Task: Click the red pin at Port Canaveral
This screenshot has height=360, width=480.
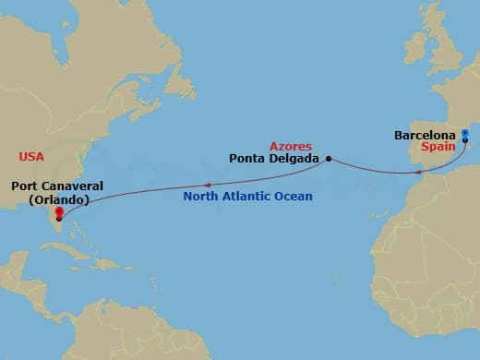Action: [x=59, y=214]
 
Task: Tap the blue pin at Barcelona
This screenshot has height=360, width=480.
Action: [x=464, y=136]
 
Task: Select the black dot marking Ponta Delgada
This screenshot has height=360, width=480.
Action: [x=329, y=158]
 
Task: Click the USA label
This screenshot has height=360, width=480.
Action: [x=32, y=156]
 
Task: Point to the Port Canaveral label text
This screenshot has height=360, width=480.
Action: [x=56, y=186]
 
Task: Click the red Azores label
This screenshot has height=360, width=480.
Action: [x=291, y=146]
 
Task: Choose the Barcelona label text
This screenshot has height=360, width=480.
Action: [x=426, y=135]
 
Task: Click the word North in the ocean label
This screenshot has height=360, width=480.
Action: [x=201, y=196]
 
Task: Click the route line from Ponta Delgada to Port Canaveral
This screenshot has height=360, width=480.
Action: [x=185, y=184]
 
